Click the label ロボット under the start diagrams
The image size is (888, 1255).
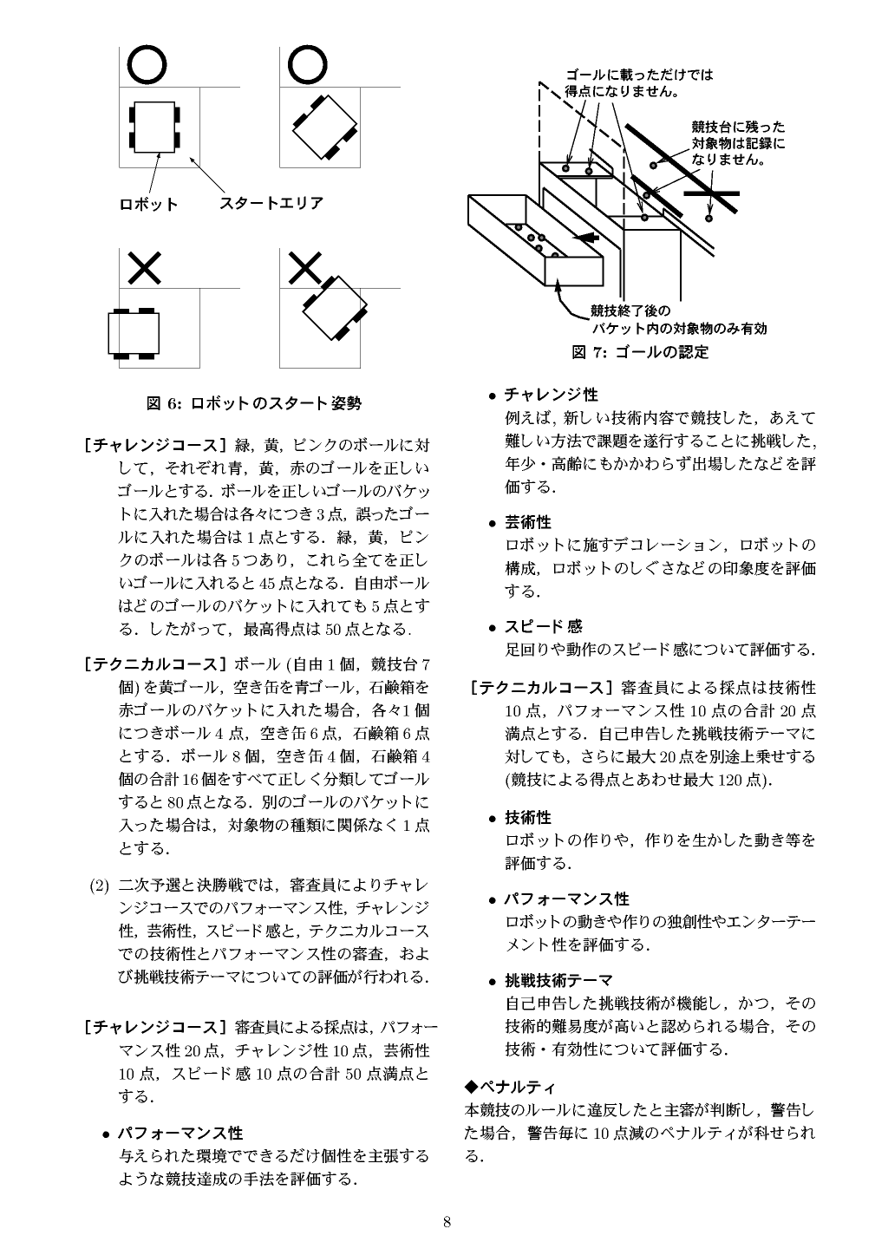pos(148,205)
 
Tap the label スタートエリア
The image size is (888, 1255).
pos(271,203)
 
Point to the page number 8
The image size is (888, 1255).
pos(447,1222)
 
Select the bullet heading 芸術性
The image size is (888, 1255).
pos(528,522)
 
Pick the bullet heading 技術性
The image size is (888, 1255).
pos(528,817)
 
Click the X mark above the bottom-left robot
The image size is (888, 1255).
pos(144,266)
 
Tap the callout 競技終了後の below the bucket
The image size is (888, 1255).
pos(630,310)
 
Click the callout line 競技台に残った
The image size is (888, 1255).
pos(738,127)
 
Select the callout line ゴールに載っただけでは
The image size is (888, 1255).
pos(639,75)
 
